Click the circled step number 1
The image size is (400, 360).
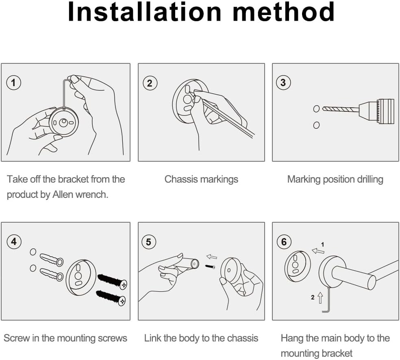[13, 82]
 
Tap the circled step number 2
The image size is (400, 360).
[150, 83]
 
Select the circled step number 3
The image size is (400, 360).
[283, 82]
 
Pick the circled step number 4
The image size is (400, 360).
[14, 241]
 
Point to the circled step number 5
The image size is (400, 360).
[148, 242]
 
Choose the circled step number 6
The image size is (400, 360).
[284, 242]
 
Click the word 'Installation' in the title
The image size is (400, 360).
[144, 12]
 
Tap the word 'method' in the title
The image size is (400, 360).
[284, 12]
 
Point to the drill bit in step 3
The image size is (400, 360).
[341, 109]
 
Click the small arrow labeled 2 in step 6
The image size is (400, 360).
[320, 298]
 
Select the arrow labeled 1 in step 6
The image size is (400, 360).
[318, 251]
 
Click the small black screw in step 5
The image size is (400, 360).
[210, 267]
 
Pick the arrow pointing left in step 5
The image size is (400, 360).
[211, 256]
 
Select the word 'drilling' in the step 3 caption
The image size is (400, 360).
[370, 180]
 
